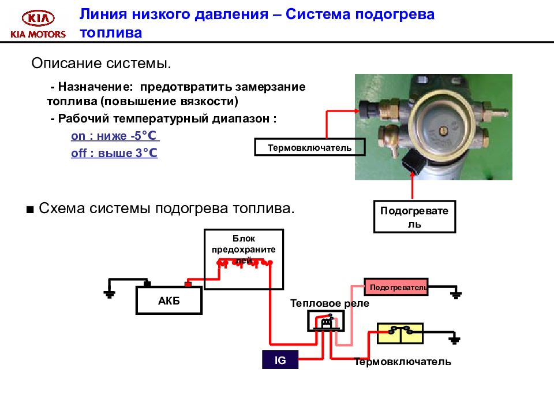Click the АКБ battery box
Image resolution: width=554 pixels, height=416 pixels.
pyautogui.click(x=169, y=300)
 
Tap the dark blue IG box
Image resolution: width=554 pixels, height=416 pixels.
pyautogui.click(x=280, y=360)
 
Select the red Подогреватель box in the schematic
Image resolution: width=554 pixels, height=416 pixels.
pyautogui.click(x=396, y=287)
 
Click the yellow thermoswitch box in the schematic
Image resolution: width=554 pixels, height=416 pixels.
pyautogui.click(x=399, y=333)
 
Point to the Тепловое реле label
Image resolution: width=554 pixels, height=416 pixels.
pyautogui.click(x=329, y=303)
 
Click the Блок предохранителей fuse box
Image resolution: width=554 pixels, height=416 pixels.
pyautogui.click(x=244, y=259)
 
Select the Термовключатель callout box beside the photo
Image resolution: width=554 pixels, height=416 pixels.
pyautogui.click(x=310, y=147)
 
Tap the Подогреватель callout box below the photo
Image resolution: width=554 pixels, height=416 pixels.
pyautogui.click(x=414, y=216)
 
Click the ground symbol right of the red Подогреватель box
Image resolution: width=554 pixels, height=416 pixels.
pyautogui.click(x=456, y=294)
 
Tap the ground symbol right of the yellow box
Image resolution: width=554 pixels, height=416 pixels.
pyautogui.click(x=455, y=339)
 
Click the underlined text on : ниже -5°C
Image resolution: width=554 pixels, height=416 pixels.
pyautogui.click(x=114, y=136)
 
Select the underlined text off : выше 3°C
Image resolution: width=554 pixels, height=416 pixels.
pyautogui.click(x=114, y=154)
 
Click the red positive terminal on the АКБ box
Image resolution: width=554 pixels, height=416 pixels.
pyautogui.click(x=188, y=284)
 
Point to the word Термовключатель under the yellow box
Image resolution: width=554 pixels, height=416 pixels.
pyautogui.click(x=402, y=362)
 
